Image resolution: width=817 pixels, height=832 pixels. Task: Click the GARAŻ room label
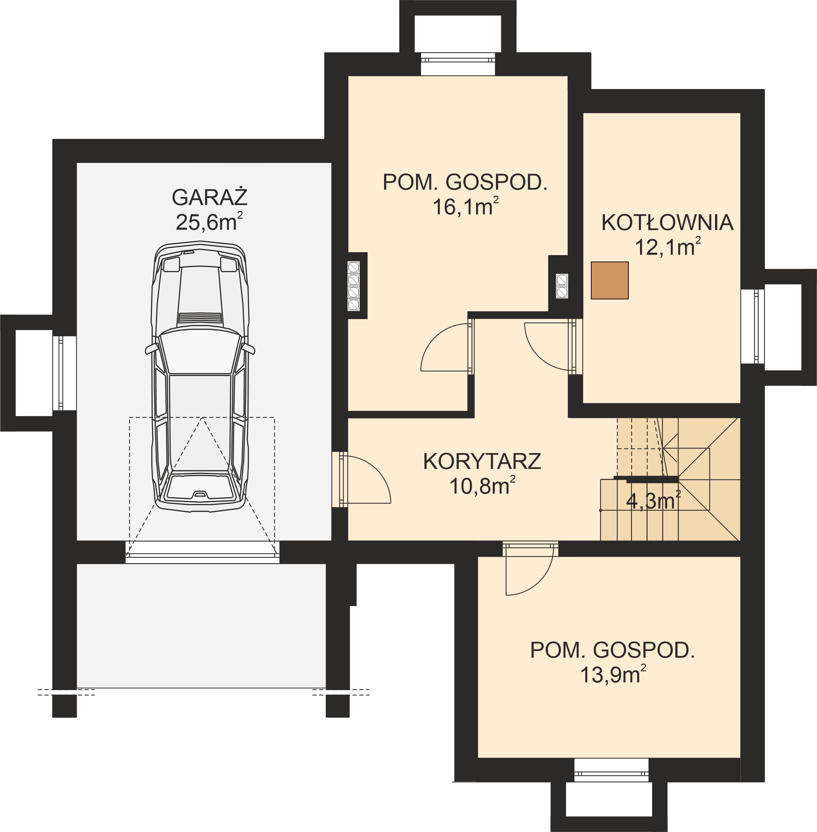pos(210,198)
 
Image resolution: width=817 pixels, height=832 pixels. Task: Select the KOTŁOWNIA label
pos(667,223)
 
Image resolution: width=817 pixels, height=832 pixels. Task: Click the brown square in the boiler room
pos(609,281)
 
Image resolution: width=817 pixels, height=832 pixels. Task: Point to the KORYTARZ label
pos(482,462)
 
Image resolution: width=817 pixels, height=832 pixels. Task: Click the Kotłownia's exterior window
pos(759,326)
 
